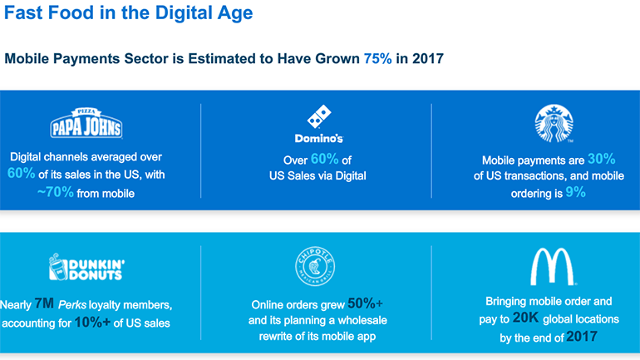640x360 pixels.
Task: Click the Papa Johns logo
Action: click(x=86, y=123)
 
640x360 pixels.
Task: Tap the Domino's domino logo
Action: click(x=319, y=116)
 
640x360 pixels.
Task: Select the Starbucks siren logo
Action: click(x=554, y=123)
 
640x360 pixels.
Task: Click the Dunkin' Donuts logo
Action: click(x=86, y=267)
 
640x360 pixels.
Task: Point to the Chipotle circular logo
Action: click(x=315, y=266)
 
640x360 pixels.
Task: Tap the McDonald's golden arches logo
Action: click(x=552, y=266)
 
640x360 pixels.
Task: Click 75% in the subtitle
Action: click(x=377, y=59)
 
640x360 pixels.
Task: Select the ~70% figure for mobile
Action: click(x=56, y=192)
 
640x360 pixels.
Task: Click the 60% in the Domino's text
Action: click(x=324, y=159)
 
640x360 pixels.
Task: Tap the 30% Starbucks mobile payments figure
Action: click(x=601, y=159)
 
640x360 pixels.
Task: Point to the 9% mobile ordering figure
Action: click(x=575, y=192)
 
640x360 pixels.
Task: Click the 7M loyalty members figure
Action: click(x=44, y=303)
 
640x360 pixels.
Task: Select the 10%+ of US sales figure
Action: click(x=92, y=323)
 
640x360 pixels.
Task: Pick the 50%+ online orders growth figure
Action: click(x=365, y=303)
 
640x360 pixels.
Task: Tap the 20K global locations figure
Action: click(x=525, y=318)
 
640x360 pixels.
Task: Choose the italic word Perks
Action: click(x=72, y=305)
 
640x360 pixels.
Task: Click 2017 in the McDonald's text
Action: click(x=582, y=337)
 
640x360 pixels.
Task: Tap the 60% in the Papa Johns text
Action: click(x=22, y=173)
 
